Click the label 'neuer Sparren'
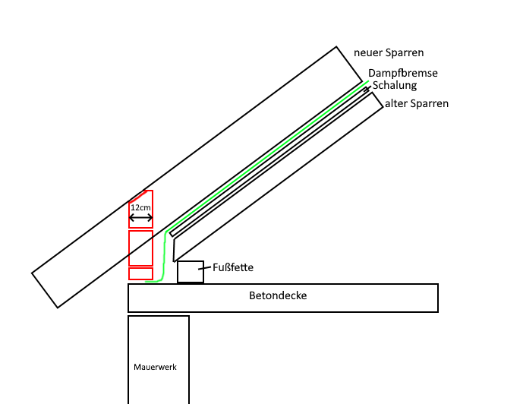[x=389, y=53]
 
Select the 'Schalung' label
[x=394, y=86]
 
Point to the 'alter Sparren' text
[x=417, y=103]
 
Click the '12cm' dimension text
[x=140, y=207]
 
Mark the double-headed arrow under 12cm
[x=140, y=218]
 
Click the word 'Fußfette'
[x=232, y=267]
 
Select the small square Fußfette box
[x=191, y=272]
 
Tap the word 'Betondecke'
[x=278, y=295]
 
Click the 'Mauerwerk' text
[x=155, y=367]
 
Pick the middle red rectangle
[x=140, y=248]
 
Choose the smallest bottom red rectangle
[x=140, y=273]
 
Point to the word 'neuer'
[x=368, y=53]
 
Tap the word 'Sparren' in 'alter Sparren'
[x=430, y=103]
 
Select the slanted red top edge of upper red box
[x=137, y=197]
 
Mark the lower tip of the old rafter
[x=174, y=260]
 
